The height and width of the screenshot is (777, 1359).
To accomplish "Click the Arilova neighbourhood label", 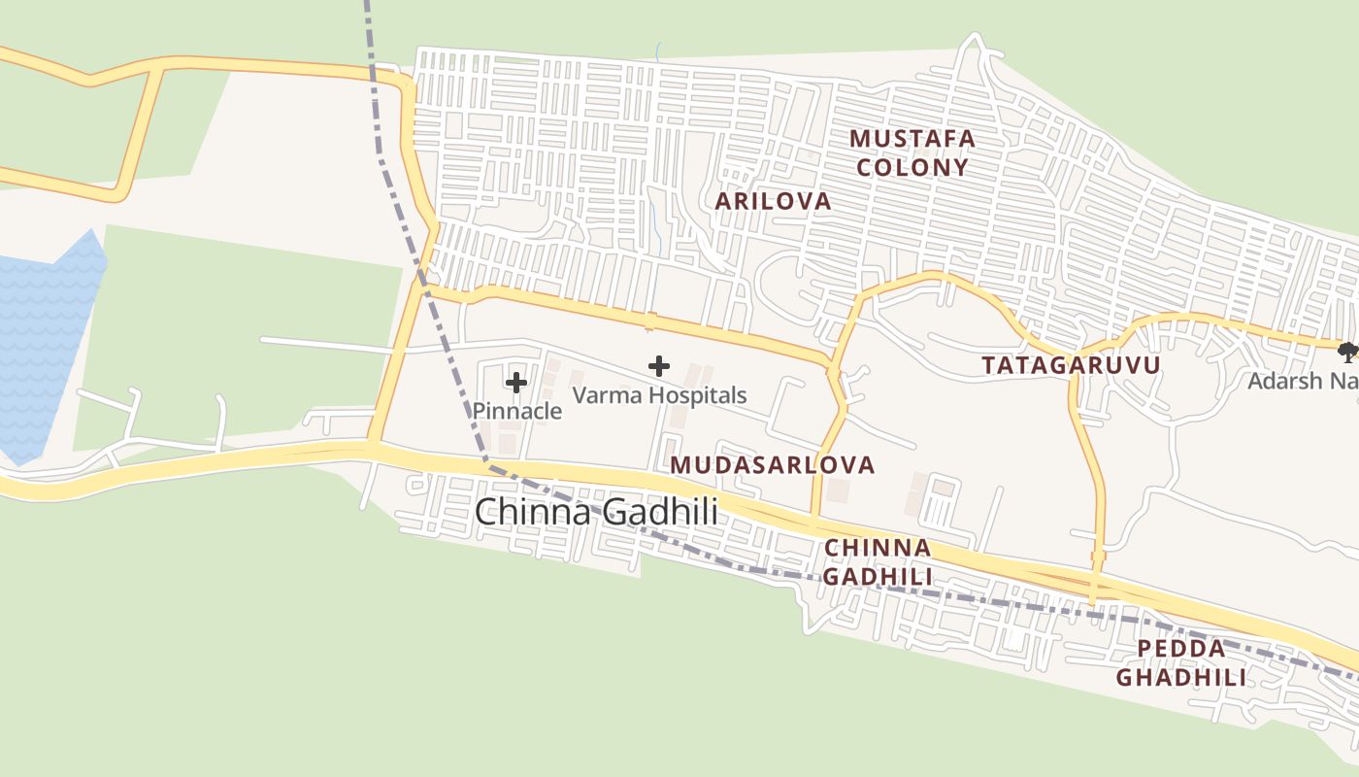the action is (x=773, y=201).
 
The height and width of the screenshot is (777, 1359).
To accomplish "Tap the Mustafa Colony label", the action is (x=912, y=152).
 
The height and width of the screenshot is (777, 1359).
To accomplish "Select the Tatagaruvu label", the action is (x=1071, y=365).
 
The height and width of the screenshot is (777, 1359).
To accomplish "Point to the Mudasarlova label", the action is (x=772, y=464).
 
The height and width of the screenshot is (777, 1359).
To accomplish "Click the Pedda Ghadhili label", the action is (x=1181, y=662).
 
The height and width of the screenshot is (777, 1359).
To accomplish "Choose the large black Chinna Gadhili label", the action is (x=596, y=512).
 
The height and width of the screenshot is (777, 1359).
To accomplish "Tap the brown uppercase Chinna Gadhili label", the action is (x=878, y=561).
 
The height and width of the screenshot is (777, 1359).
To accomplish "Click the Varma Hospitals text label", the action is (x=659, y=395).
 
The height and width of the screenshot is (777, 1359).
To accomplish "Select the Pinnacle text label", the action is (x=516, y=411).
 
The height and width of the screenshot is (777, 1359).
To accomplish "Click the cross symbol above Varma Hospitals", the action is (x=659, y=366).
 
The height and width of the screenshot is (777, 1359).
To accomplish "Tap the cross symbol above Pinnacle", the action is (x=516, y=382).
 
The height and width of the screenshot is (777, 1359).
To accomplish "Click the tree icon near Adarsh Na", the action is (x=1347, y=352).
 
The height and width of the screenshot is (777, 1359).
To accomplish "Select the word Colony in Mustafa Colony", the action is (x=912, y=167).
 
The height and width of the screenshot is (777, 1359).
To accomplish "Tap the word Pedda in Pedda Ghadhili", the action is (x=1181, y=648).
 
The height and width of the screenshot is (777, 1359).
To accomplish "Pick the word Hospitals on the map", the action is (x=698, y=395).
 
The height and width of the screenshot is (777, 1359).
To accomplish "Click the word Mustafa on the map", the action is (x=912, y=138).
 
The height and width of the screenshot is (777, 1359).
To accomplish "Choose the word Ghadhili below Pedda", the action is (x=1181, y=677).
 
